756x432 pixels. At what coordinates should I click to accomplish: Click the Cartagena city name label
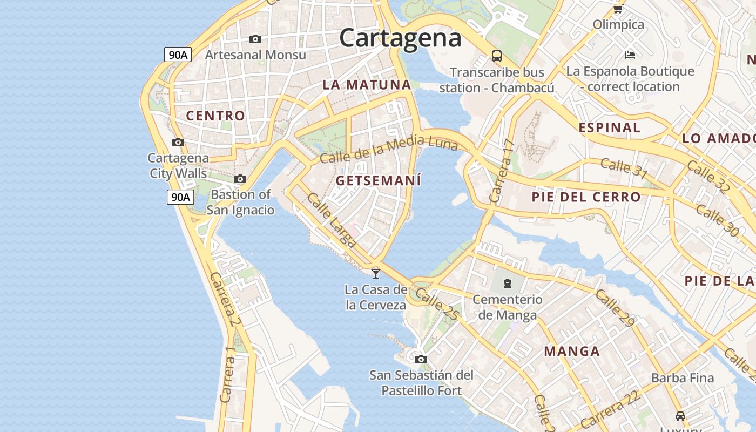coord(400,38)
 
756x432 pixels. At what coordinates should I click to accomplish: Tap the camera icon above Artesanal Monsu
coord(255,39)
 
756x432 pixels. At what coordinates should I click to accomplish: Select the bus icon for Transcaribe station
coord(496,56)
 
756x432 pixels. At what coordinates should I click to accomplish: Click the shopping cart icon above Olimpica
coord(618,9)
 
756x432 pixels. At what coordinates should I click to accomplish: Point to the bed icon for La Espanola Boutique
coord(630,55)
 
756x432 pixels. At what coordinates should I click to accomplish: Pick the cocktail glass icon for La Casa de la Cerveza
coord(376,273)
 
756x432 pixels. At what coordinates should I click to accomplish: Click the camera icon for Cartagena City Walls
coord(178,142)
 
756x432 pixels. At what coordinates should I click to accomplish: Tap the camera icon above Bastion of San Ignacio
coord(240,179)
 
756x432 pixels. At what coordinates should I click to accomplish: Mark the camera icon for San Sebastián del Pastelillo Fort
coord(421,359)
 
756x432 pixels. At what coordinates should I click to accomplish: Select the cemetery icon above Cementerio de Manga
coord(507,283)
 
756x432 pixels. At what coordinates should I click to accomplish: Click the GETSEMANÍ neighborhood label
coord(378,181)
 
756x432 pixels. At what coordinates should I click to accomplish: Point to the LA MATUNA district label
coord(367,85)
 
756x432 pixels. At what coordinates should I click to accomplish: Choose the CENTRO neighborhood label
coord(215,116)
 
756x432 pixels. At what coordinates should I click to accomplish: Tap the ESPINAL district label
coord(609,128)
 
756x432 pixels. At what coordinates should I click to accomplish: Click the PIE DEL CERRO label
coord(586,197)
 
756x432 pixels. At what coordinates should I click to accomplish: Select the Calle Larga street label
coord(331,220)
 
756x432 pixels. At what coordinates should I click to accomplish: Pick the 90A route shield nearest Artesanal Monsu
coord(178,54)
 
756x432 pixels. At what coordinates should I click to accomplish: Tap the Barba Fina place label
coord(683,378)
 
